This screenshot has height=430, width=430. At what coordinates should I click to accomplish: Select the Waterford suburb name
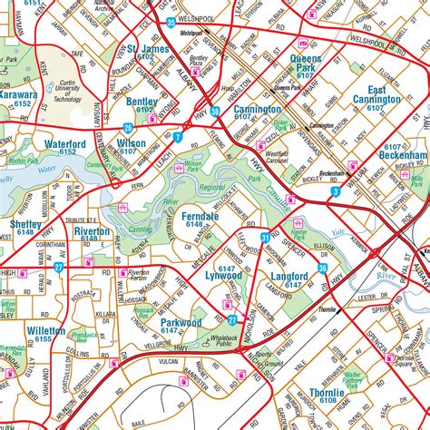[63, 143]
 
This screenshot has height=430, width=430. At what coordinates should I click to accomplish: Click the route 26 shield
[129, 128]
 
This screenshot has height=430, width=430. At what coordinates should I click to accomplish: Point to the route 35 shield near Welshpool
[171, 23]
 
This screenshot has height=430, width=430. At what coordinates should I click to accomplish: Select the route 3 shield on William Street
[335, 192]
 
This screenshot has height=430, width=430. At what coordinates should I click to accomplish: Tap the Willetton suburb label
[46, 332]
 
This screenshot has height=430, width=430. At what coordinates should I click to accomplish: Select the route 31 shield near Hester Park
[265, 237]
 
